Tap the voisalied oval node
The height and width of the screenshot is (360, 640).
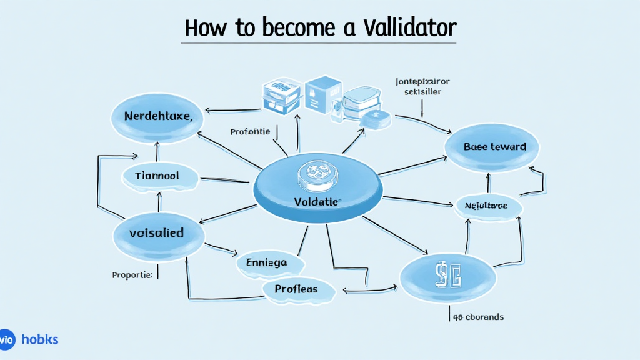coord(157,233)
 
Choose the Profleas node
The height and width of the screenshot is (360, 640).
coord(296,289)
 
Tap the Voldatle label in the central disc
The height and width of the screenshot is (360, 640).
coord(316,202)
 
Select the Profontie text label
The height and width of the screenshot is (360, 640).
coord(250,132)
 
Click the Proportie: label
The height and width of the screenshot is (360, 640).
coord(132,275)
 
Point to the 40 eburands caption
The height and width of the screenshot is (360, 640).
coord(479,317)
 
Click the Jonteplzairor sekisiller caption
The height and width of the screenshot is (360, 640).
coord(422,86)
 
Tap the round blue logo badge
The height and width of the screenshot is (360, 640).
coord(7,340)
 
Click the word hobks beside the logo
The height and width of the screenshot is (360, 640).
coord(39,340)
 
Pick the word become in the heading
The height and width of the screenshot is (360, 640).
coord(287,28)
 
